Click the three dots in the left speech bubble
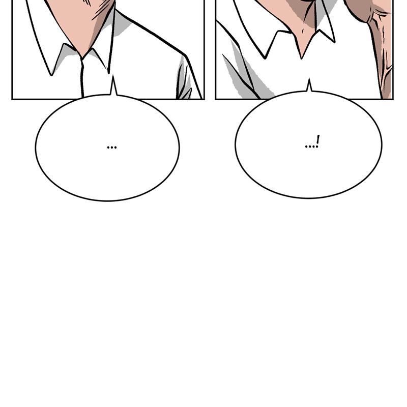[112, 148]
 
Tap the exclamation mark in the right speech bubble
[318, 141]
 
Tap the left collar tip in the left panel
[52, 74]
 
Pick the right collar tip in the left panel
[108, 71]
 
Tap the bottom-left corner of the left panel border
[12, 99]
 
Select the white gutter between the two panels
[210, 51]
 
